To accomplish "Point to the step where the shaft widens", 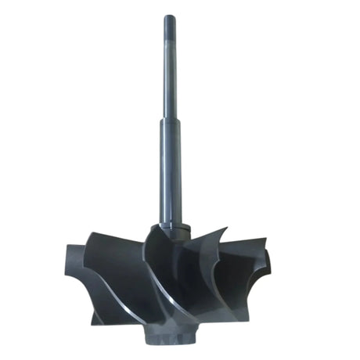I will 170,120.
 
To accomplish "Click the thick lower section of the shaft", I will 170,172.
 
